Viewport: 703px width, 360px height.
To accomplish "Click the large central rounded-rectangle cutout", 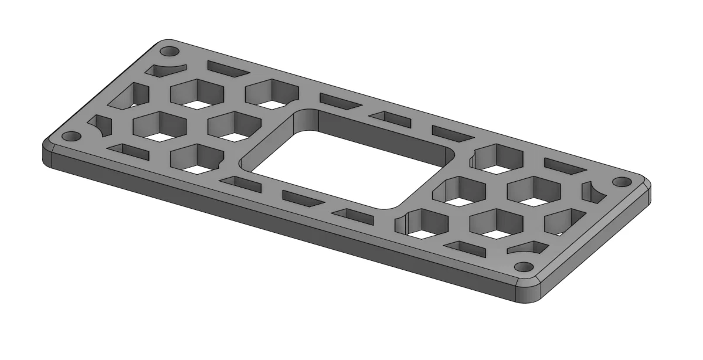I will [x=346, y=158].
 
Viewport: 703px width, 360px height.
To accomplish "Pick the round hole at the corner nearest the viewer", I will [x=526, y=267].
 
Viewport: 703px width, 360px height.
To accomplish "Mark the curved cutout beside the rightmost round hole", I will [x=592, y=192].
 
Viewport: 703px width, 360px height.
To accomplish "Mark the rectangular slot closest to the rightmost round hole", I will [x=566, y=167].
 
